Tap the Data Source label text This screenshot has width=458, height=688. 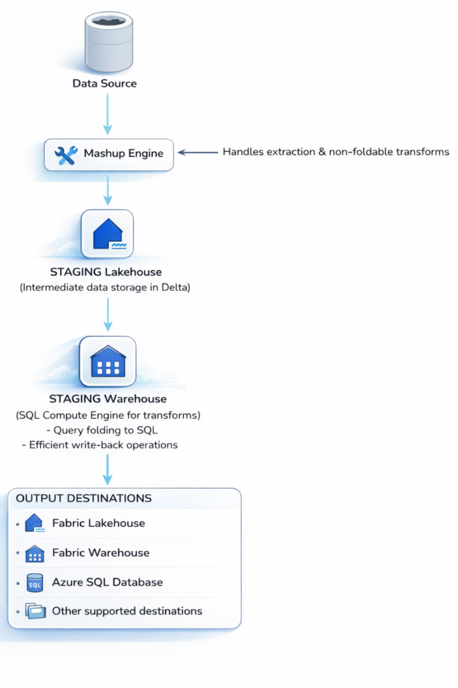[x=105, y=84]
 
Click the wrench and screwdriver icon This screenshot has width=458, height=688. [x=66, y=154]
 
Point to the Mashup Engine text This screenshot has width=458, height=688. [x=124, y=154]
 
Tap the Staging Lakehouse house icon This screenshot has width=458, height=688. [x=107, y=234]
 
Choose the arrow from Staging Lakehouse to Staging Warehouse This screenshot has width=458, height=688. [x=107, y=314]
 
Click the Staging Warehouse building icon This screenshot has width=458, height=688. [x=107, y=361]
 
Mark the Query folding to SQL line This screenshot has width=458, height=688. [x=107, y=431]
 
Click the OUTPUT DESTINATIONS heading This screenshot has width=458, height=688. [x=83, y=499]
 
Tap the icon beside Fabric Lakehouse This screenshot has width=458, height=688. [x=34, y=523]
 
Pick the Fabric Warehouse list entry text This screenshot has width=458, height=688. [x=101, y=553]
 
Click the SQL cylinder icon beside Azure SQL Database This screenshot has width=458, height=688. [x=34, y=583]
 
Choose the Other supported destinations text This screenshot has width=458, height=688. [x=127, y=611]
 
